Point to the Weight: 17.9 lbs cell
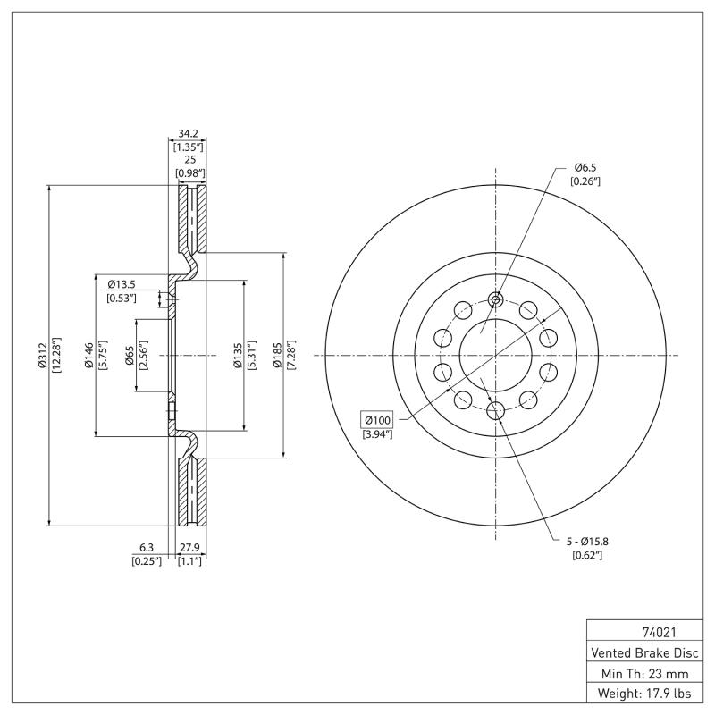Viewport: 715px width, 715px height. click(643, 693)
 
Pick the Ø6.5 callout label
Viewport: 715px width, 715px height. click(585, 167)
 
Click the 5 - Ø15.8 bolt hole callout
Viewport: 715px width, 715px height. click(586, 542)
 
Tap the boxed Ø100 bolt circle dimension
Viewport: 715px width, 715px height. click(375, 419)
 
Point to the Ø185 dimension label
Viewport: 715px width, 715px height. click(277, 355)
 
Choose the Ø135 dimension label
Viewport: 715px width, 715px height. click(237, 355)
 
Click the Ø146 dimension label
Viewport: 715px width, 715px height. click(89, 355)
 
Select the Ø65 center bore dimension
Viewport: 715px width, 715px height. click(130, 355)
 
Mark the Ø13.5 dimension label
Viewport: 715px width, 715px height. click(122, 284)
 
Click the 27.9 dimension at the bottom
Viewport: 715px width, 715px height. click(189, 547)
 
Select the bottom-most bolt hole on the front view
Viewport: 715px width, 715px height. click(496, 411)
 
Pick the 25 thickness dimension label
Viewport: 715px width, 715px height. click(188, 158)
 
